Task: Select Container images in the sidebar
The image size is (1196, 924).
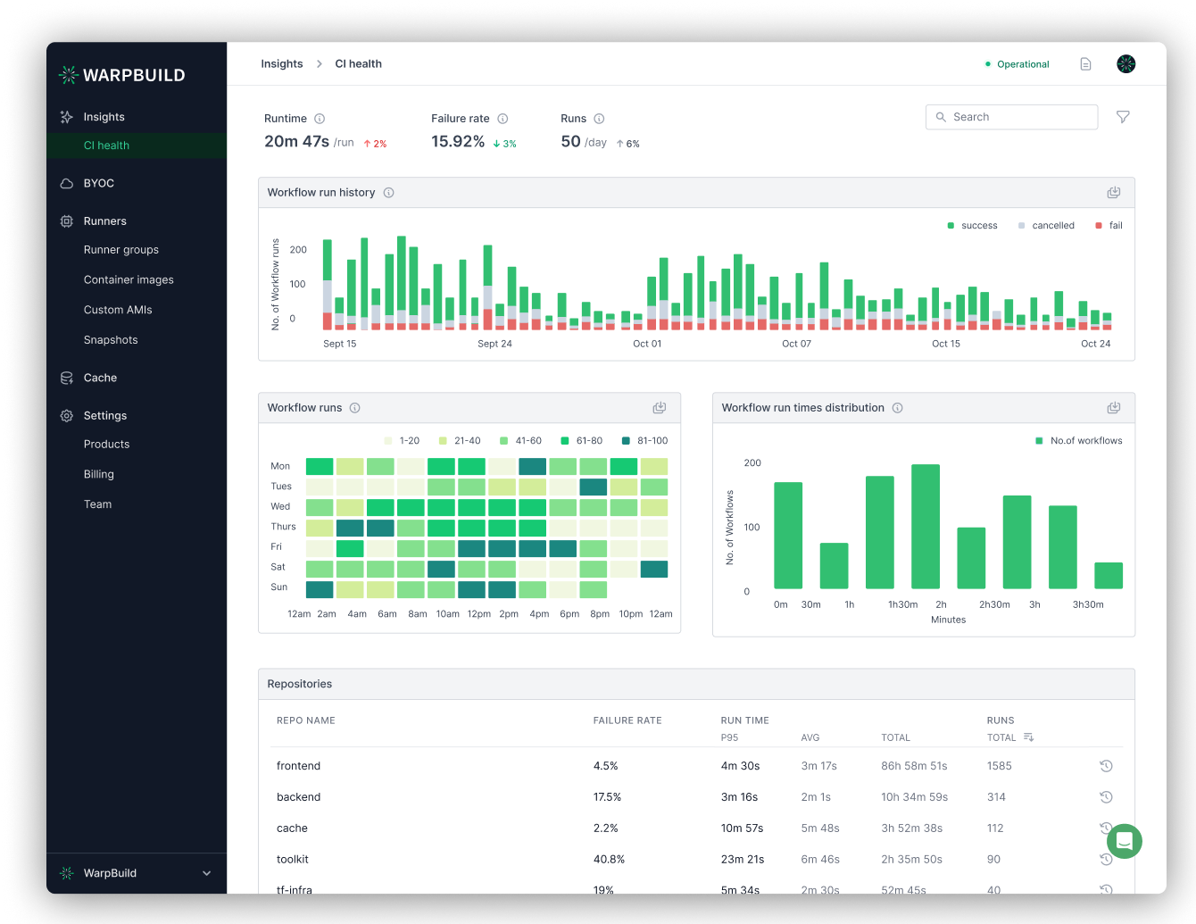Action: click(129, 279)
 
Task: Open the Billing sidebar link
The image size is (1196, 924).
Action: click(98, 474)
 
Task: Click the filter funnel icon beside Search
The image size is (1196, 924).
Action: click(1123, 117)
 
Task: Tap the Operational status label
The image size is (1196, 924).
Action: click(1022, 64)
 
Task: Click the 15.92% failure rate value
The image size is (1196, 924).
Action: click(458, 141)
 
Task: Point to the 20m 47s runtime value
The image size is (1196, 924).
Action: click(296, 141)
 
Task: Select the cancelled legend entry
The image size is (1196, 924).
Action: click(1052, 226)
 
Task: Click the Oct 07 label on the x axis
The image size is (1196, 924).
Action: click(796, 344)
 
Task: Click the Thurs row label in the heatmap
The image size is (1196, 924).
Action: click(283, 527)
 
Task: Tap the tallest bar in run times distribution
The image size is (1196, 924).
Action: click(926, 526)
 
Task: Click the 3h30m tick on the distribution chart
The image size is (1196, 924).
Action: click(1088, 604)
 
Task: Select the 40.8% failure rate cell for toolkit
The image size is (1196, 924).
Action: click(609, 859)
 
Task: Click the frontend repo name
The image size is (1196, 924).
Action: click(298, 766)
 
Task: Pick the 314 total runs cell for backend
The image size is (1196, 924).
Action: click(996, 797)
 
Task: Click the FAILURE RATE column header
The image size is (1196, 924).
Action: click(627, 720)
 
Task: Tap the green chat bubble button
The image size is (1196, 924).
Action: click(1124, 841)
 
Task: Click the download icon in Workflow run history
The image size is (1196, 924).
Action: click(1113, 193)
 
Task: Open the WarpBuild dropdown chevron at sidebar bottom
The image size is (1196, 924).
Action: click(206, 873)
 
